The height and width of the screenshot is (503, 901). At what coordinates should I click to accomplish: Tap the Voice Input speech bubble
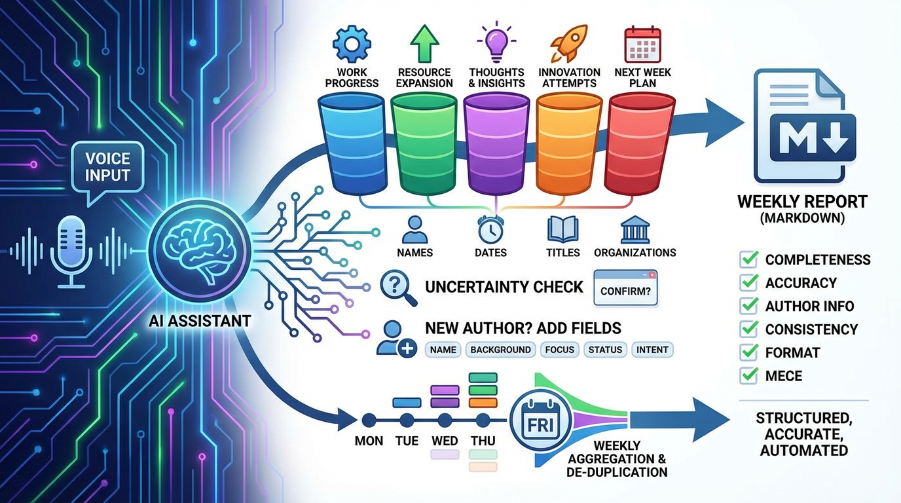point(107,168)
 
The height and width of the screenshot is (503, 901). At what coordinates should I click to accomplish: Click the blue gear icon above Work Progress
point(352,43)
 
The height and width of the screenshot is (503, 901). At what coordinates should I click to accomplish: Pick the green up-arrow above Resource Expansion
point(424,43)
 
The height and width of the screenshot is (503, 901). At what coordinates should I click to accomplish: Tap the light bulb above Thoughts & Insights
point(496,41)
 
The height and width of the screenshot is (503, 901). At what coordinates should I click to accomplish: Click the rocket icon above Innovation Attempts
point(568,43)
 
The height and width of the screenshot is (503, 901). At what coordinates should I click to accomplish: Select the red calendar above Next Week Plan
point(640,43)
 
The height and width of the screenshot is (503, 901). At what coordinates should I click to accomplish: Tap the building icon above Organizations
point(634,230)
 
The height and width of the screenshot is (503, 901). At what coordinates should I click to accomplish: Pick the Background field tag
point(500,350)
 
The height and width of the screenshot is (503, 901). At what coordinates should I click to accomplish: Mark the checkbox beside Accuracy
point(748,283)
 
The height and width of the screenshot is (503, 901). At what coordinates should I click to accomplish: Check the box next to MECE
point(748,376)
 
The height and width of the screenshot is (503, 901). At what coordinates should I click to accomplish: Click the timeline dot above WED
point(445,420)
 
